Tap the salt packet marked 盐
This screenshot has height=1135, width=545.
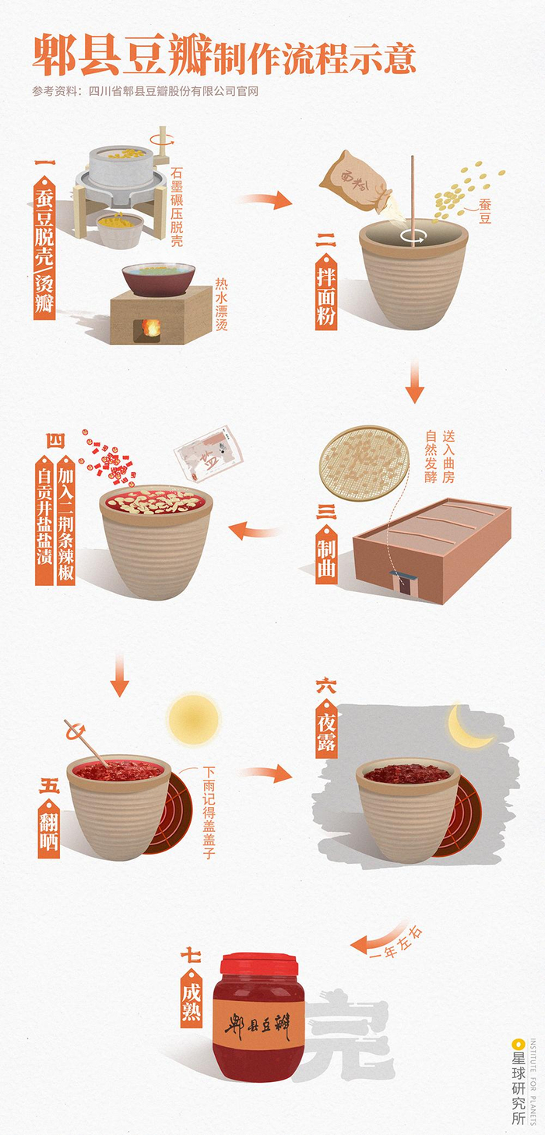208,453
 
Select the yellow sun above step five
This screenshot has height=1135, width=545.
193,719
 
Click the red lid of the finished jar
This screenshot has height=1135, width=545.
258,964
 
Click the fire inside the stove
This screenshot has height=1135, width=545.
150,328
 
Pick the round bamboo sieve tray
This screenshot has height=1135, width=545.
363,463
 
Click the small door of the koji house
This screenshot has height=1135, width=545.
405,584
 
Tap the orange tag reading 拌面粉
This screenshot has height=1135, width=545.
325,291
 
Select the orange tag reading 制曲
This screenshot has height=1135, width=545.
326,554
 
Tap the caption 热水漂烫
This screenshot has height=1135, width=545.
221,304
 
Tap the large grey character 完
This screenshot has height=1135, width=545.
350,1034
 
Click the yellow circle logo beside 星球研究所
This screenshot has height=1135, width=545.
517,1045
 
